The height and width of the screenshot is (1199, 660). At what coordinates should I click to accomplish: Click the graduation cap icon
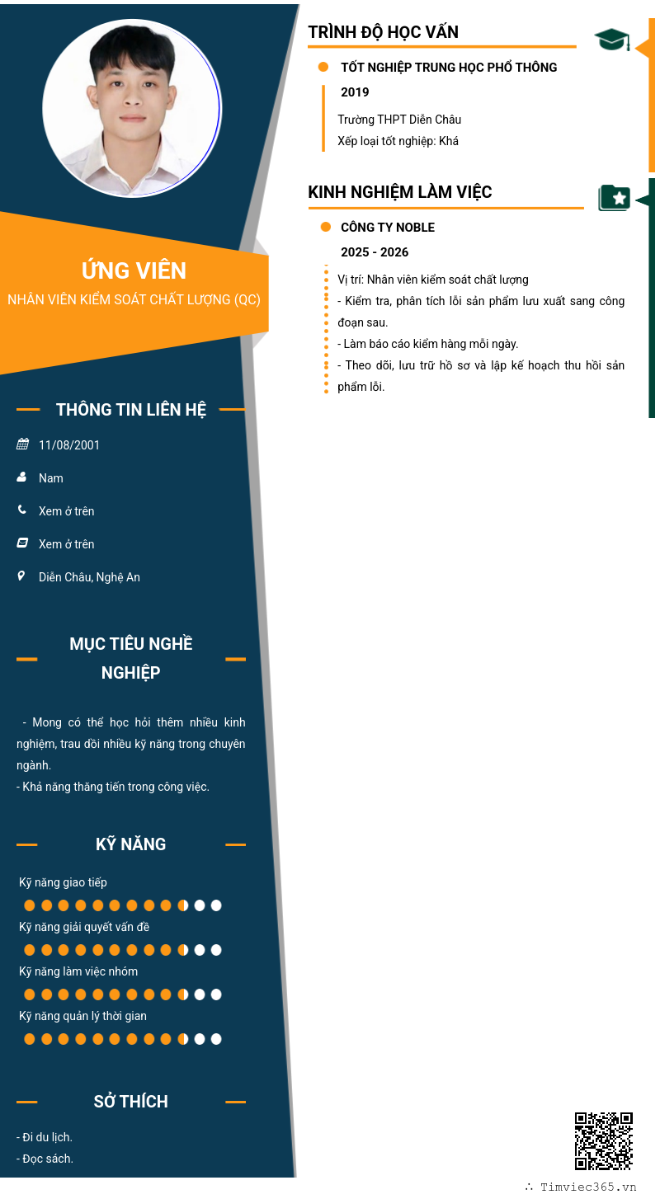pos(611,39)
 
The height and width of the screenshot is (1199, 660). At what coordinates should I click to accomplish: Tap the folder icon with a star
pos(614,198)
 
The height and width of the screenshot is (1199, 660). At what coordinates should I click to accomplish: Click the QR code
pos(603,1140)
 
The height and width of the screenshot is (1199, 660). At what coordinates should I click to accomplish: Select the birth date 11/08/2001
pos(69,445)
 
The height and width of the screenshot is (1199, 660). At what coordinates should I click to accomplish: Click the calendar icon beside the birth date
pos(22,444)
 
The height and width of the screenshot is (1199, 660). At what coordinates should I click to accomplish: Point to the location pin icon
pos(21,576)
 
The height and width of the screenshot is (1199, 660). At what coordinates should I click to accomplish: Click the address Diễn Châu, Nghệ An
pos(89,577)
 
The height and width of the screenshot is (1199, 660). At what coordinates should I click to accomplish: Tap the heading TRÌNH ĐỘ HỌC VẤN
pos(383,32)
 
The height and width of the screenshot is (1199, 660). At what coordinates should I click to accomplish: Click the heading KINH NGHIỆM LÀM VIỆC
pos(400,192)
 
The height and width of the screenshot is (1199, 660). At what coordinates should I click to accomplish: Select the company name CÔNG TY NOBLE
pos(388,228)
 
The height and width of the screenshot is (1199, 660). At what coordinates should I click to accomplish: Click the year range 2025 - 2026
pos(375,252)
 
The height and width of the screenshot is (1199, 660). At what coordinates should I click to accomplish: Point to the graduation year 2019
pos(355,92)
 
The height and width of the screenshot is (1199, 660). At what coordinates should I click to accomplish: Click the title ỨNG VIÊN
pos(134,270)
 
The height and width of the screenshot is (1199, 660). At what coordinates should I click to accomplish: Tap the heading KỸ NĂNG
pos(131,844)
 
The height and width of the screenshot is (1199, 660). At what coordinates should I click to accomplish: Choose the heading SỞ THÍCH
pos(131,1102)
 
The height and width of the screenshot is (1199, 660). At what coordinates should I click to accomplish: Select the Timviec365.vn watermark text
pos(588,1187)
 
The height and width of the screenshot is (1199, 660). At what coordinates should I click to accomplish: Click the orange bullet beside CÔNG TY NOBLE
pos(325,227)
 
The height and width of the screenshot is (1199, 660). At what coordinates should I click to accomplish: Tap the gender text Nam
pos(51,478)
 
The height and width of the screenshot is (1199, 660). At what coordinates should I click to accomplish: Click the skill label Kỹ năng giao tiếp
pos(63,882)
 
